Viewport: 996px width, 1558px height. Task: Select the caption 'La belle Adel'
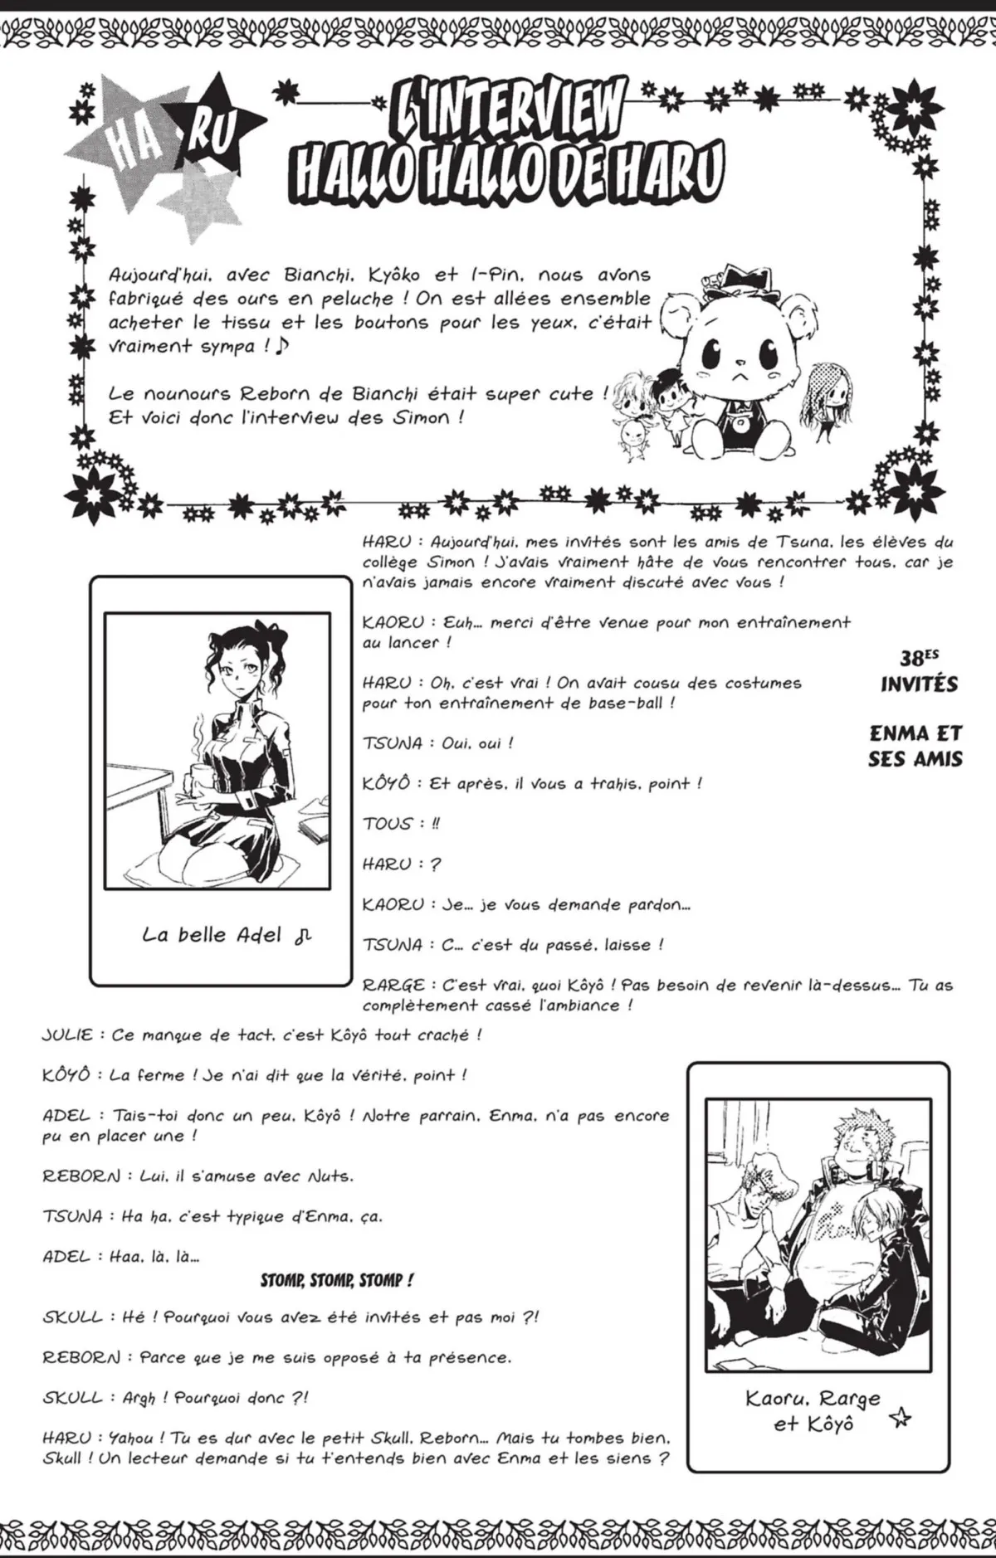[217, 936]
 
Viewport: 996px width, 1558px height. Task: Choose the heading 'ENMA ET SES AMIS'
[915, 746]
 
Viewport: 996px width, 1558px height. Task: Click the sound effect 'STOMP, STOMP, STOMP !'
[336, 1281]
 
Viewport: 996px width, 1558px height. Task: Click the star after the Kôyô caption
[898, 1419]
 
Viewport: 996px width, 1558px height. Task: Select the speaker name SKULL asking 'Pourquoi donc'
[72, 1398]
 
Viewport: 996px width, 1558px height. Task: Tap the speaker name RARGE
[393, 986]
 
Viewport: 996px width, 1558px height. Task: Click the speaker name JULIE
[69, 1035]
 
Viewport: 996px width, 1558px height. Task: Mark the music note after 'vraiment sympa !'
[283, 345]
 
